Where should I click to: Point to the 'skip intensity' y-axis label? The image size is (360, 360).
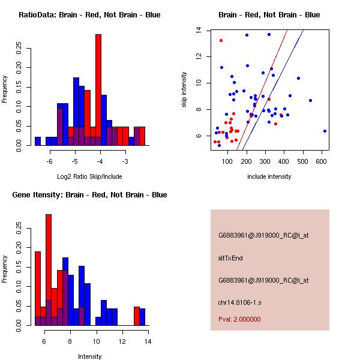tap(185, 90)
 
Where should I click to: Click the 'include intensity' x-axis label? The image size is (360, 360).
tap(269, 176)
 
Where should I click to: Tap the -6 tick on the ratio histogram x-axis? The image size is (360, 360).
tap(50, 161)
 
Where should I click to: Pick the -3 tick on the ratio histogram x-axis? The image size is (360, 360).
tap(125, 161)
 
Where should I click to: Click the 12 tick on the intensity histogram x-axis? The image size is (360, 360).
tap(122, 341)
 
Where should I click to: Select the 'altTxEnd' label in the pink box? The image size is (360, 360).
tap(230, 258)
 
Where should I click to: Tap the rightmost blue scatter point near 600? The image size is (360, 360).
tap(325, 131)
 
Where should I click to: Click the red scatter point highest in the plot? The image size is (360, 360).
tap(221, 40)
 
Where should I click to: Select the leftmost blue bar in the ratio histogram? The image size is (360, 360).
tap(38, 141)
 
